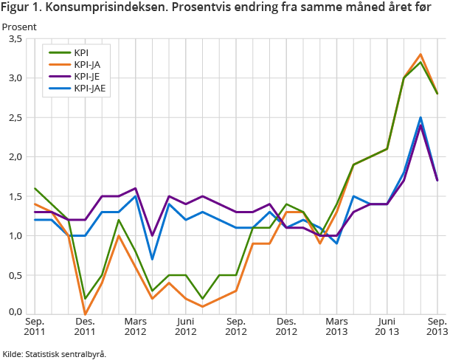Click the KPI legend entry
click(x=80, y=52)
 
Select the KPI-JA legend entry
click(x=87, y=64)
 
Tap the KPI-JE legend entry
click(x=87, y=77)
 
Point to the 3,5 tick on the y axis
click(x=14, y=39)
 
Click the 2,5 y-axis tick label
click(x=14, y=118)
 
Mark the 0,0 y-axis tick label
click(x=14, y=313)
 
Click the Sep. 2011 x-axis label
click(x=35, y=327)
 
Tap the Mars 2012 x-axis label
click(x=135, y=327)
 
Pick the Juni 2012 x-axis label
click(x=186, y=327)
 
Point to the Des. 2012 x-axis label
click(x=287, y=327)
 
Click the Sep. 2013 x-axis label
click(x=436, y=327)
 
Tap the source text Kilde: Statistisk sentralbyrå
click(x=55, y=353)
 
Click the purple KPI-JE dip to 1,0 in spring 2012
click(x=152, y=235)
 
